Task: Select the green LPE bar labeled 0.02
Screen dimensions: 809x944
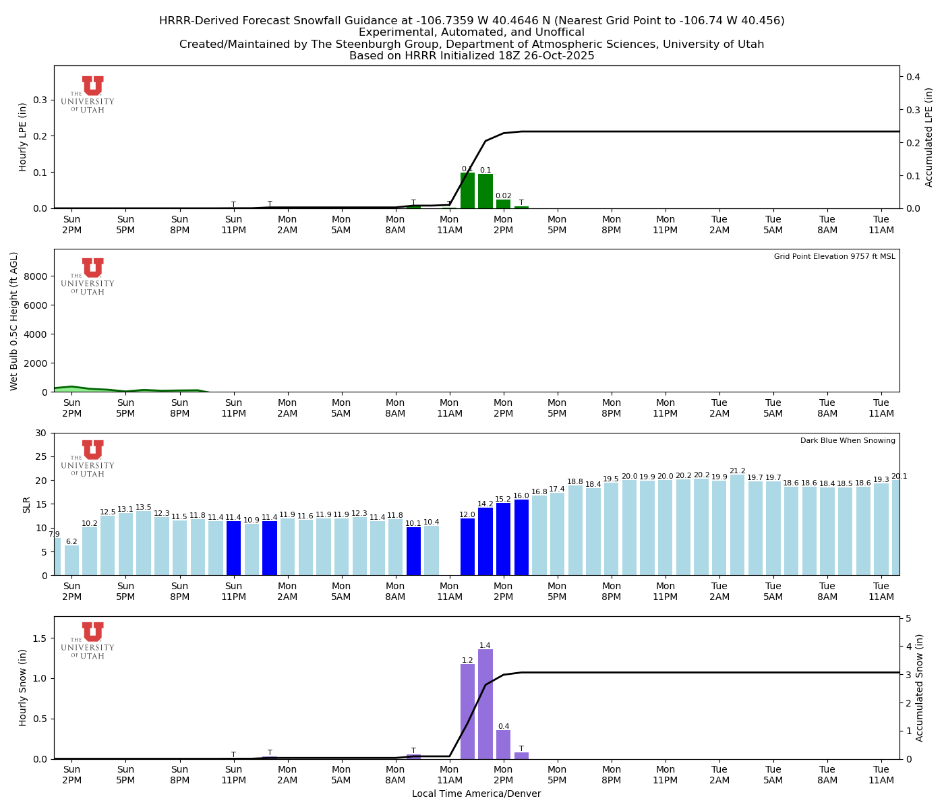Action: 503,204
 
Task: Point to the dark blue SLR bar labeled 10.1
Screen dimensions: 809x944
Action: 413,551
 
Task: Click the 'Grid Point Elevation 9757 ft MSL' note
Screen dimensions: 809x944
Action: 834,257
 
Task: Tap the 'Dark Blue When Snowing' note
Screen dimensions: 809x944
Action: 848,441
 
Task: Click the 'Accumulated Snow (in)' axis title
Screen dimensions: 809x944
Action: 919,688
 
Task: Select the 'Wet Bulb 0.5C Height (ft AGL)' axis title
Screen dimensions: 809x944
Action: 14,321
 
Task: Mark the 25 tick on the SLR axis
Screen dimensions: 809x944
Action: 45,456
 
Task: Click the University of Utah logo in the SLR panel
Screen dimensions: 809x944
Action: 92,458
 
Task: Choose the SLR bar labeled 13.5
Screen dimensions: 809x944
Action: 144,543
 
